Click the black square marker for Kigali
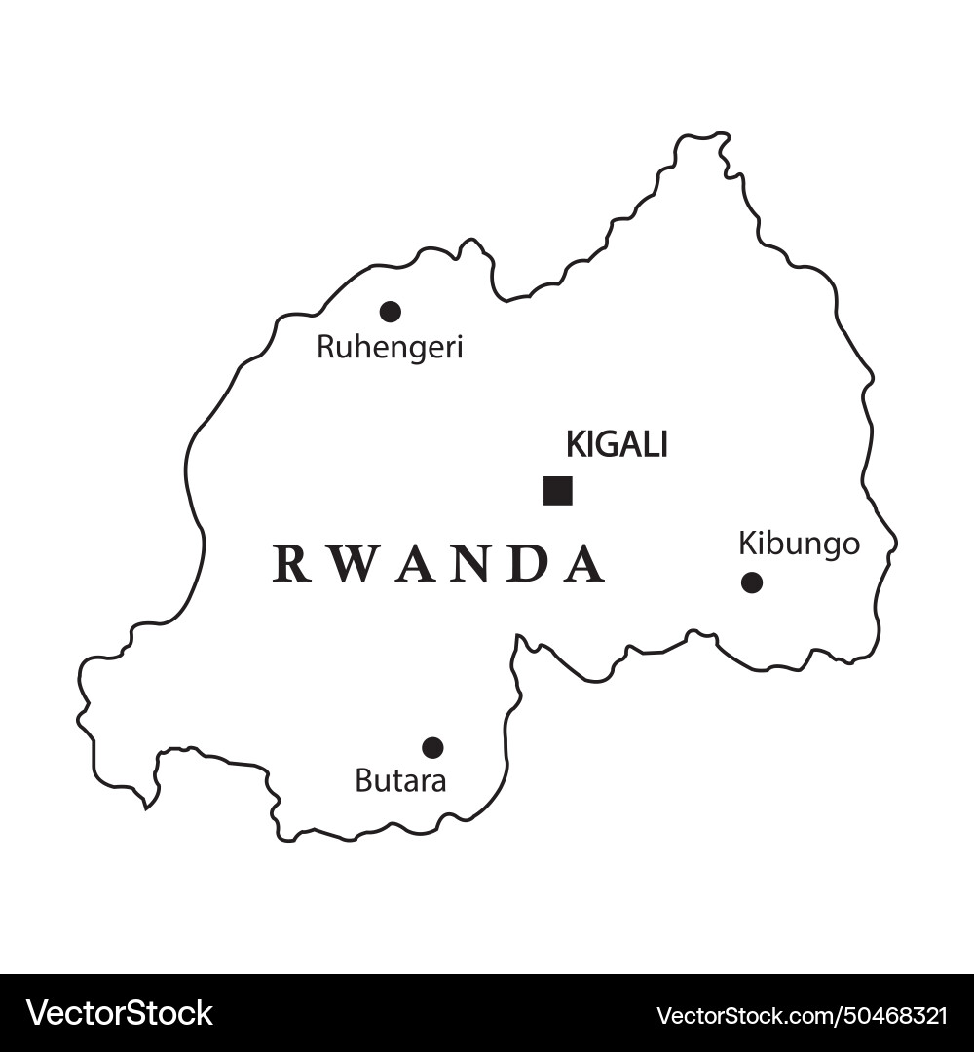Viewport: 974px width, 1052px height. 558,491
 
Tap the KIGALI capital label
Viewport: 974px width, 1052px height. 617,445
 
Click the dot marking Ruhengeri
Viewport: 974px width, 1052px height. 391,312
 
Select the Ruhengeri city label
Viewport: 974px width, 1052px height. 390,348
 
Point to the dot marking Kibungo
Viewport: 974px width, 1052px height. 752,582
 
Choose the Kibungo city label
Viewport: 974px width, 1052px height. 799,544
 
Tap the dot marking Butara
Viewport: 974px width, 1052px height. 433,747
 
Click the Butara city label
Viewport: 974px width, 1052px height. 400,780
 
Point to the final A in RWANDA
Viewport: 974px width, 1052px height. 585,564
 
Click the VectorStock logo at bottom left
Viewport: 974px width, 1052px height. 119,1013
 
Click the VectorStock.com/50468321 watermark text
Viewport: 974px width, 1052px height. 802,1015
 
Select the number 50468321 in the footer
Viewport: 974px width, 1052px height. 890,1015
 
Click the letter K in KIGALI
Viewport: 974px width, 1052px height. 574,445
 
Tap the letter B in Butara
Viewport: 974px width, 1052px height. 362,780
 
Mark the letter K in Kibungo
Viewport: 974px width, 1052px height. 746,544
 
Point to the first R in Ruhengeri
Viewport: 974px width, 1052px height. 324,348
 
